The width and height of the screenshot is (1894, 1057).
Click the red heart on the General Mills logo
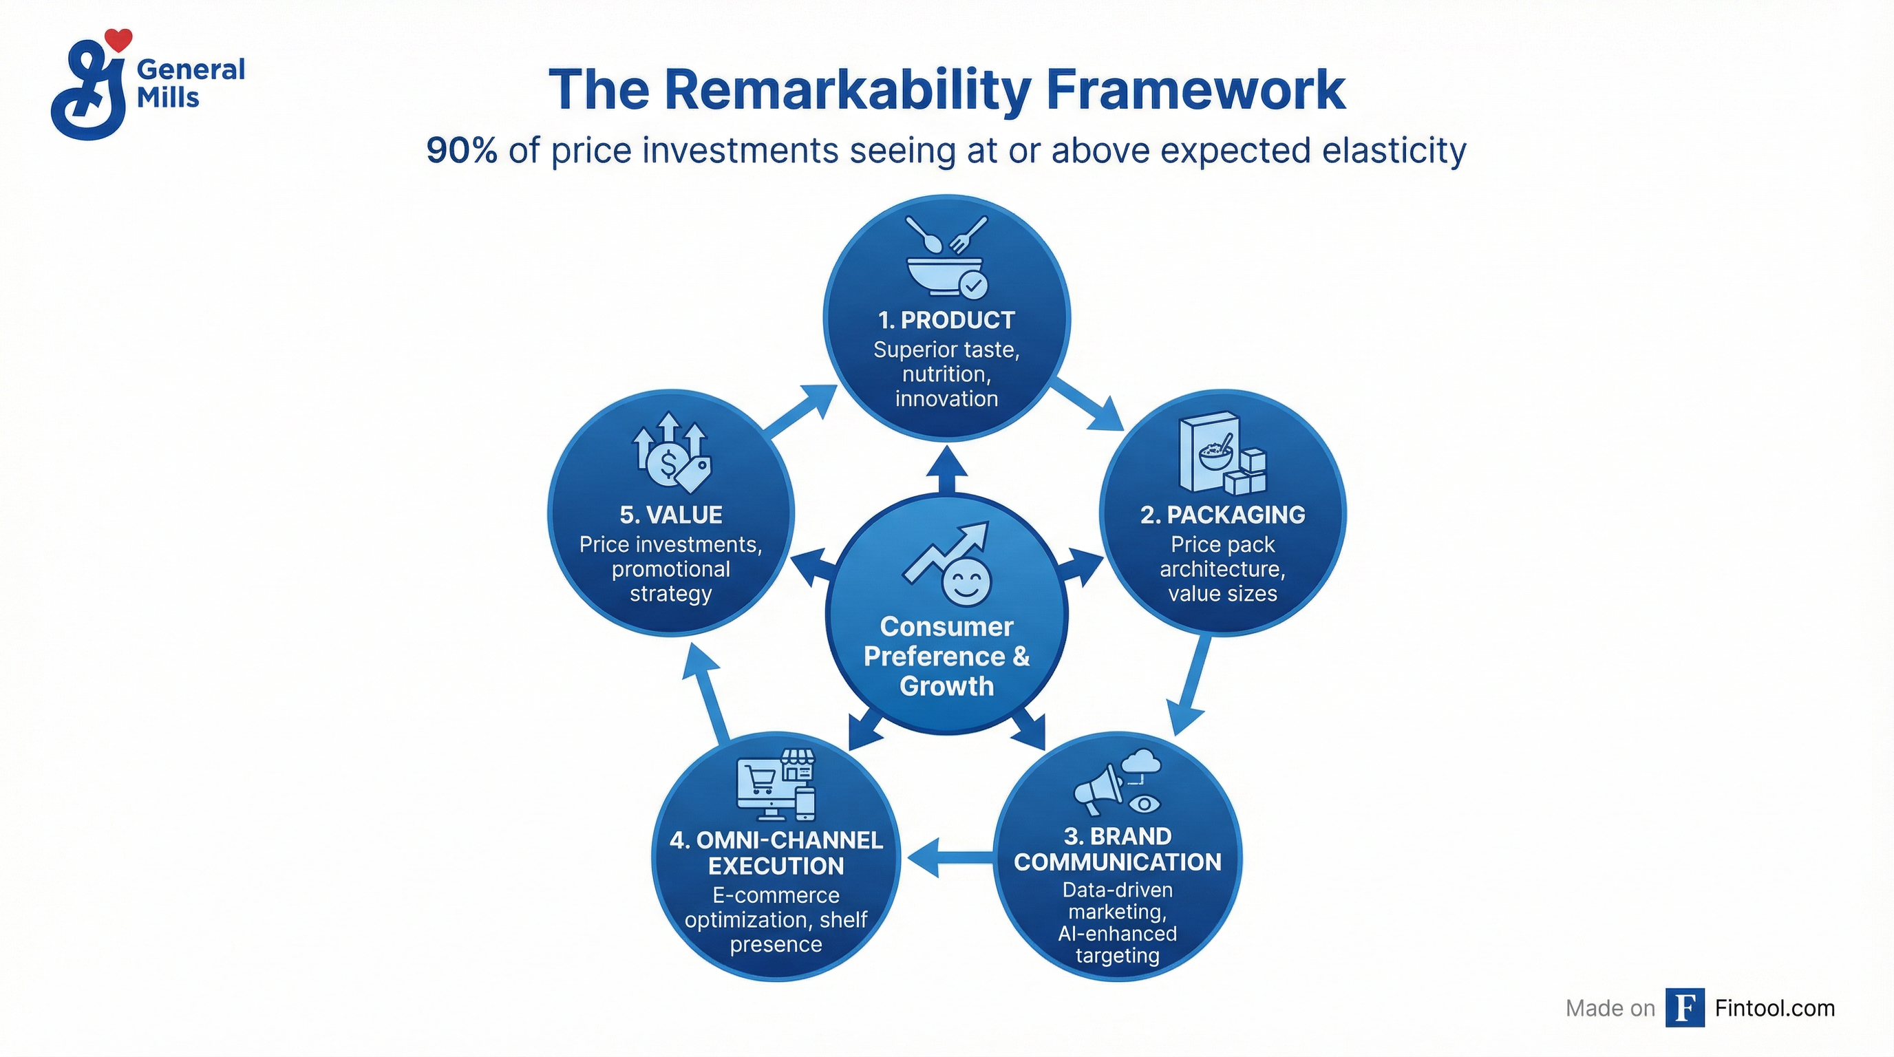pyautogui.click(x=118, y=39)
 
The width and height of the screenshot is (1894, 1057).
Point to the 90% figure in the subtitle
pyautogui.click(x=461, y=151)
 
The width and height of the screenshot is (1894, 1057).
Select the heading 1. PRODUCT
pyautogui.click(x=946, y=321)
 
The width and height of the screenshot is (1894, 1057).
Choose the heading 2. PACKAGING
pyautogui.click(x=1223, y=515)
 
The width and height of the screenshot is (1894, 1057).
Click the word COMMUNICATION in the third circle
pyautogui.click(x=1118, y=862)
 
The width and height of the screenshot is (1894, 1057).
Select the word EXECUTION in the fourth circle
pyautogui.click(x=776, y=866)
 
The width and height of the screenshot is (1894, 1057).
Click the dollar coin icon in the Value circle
pyautogui.click(x=668, y=463)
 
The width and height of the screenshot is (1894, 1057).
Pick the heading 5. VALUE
pyautogui.click(x=670, y=515)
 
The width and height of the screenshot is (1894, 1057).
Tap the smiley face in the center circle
pyautogui.click(x=966, y=581)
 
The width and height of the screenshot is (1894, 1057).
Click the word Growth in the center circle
pyautogui.click(x=946, y=686)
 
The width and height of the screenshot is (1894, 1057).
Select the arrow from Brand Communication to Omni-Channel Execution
pyautogui.click(x=948, y=856)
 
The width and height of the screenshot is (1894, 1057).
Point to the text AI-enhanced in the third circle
pyautogui.click(x=1117, y=934)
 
